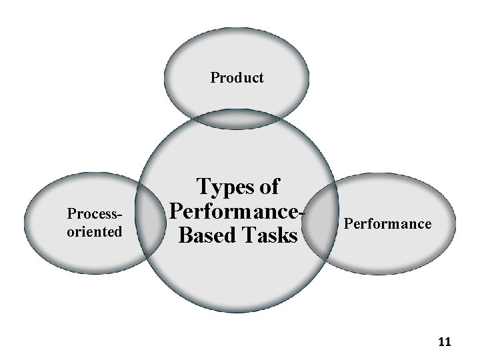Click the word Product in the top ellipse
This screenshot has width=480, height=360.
click(237, 78)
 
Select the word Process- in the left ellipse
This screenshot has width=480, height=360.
click(97, 215)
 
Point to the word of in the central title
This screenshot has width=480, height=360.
click(269, 187)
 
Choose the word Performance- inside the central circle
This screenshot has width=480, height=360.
click(237, 211)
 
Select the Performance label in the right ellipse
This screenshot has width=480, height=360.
click(387, 223)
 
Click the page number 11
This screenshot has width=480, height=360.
click(445, 342)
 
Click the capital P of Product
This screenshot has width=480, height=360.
click(215, 78)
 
